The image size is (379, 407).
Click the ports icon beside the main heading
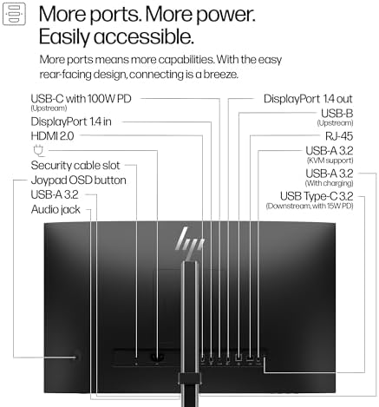pyautogui.click(x=14, y=14)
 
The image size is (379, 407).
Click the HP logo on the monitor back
pyautogui.click(x=190, y=243)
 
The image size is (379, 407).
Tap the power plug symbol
pyautogui.click(x=38, y=151)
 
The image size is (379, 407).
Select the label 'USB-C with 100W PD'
pyautogui.click(x=81, y=99)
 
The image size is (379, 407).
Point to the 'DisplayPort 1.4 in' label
pyautogui.click(x=71, y=121)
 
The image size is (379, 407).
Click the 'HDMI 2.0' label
pyautogui.click(x=52, y=136)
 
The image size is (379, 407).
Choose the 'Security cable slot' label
pyautogui.click(x=75, y=166)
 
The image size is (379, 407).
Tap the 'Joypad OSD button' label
pyautogui.click(x=78, y=181)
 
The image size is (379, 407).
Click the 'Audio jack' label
pyautogui.click(x=56, y=209)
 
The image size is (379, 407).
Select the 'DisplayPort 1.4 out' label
pyautogui.click(x=308, y=99)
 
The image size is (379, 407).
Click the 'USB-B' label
pyautogui.click(x=337, y=113)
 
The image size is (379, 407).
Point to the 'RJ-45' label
pyautogui.click(x=339, y=136)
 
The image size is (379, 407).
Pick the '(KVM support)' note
pyautogui.click(x=330, y=161)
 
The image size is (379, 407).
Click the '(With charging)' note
pyautogui.click(x=329, y=183)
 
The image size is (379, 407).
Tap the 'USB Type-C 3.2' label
pyautogui.click(x=317, y=196)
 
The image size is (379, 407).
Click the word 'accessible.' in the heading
pyautogui.click(x=144, y=36)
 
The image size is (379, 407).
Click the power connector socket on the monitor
pyautogui.click(x=157, y=358)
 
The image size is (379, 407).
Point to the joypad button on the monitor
pyautogui.click(x=76, y=358)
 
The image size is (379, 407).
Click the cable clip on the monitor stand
pyautogui.click(x=190, y=378)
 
